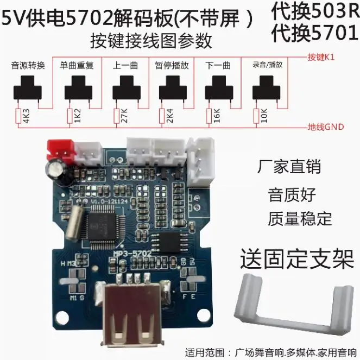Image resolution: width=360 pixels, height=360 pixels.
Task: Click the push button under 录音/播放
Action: [x=267, y=88]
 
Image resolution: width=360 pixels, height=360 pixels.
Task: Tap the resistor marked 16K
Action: [x=209, y=116]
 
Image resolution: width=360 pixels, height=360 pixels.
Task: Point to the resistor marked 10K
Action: [x=256, y=116]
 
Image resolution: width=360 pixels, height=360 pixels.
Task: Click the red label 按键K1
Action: [x=325, y=57]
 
